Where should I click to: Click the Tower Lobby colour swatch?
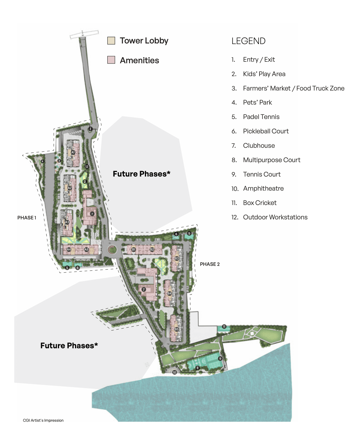coord(111,41)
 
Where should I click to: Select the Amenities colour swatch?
coord(111,60)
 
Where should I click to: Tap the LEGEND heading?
coord(248,41)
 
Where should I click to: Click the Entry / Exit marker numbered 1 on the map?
coord(90,129)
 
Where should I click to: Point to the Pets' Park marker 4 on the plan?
coord(43,161)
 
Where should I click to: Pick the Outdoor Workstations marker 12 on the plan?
coord(87,167)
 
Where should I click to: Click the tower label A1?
coord(73,152)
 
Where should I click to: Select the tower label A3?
coord(67,222)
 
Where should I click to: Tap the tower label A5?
coord(86,249)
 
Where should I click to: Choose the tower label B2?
coord(152,249)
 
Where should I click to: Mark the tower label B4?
coord(169,293)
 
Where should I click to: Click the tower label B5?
coord(177,329)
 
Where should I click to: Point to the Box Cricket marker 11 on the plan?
coord(224,326)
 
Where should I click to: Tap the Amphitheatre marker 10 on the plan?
coord(175,372)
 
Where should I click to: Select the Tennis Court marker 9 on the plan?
coord(220,358)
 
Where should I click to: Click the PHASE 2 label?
coord(210,264)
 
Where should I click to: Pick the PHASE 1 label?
coord(27,218)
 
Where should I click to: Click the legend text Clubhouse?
coord(259,146)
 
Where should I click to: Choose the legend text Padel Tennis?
coord(261,117)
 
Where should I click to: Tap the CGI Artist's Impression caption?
coord(43,420)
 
